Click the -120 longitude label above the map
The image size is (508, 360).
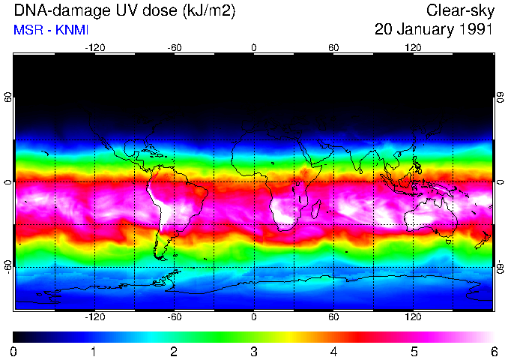pyautogui.click(x=94, y=47)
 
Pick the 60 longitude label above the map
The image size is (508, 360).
pyautogui.click(x=333, y=47)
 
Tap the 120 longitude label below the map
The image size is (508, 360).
pyautogui.click(x=413, y=317)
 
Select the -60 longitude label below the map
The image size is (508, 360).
pyautogui.click(x=174, y=317)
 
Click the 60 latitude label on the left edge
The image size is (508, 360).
pyautogui.click(x=8, y=98)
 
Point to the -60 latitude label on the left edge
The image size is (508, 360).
pyautogui.click(x=8, y=266)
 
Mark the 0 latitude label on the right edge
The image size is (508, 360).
pyautogui.click(x=500, y=182)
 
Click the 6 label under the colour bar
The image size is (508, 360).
pyautogui.click(x=493, y=351)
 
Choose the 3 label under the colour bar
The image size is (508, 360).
pyautogui.click(x=253, y=351)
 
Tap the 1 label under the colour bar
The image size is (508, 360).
pyautogui.click(x=94, y=351)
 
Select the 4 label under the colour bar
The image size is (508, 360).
pyautogui.click(x=333, y=351)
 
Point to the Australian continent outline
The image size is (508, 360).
pyautogui.click(x=431, y=214)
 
